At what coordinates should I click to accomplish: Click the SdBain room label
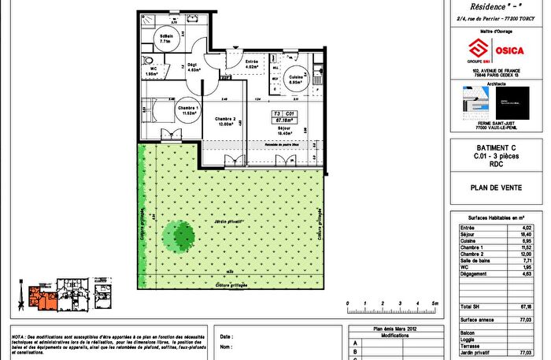click(166, 36)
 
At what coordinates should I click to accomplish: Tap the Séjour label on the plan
click(285, 130)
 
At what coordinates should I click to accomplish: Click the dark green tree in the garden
click(179, 234)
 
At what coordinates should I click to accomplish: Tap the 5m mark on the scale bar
click(435, 302)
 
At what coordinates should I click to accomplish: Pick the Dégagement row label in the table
click(475, 273)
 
